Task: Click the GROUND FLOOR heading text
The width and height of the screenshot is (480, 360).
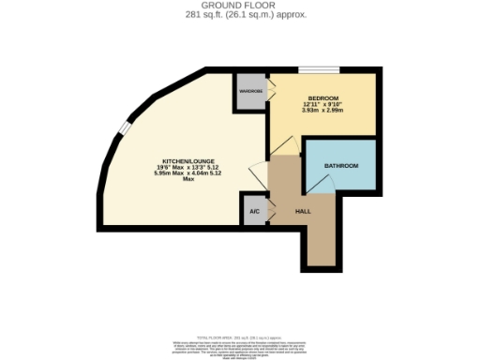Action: (239, 4)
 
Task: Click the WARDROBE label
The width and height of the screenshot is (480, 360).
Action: (250, 91)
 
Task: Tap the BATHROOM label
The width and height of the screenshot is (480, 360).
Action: (340, 166)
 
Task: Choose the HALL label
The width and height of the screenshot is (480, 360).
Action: (303, 211)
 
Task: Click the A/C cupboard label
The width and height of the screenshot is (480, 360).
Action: (253, 210)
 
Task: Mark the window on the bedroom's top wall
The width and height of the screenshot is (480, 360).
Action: (313, 69)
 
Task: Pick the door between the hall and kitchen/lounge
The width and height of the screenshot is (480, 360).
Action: (258, 174)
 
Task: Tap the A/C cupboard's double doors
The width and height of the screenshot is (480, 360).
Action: (270, 208)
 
